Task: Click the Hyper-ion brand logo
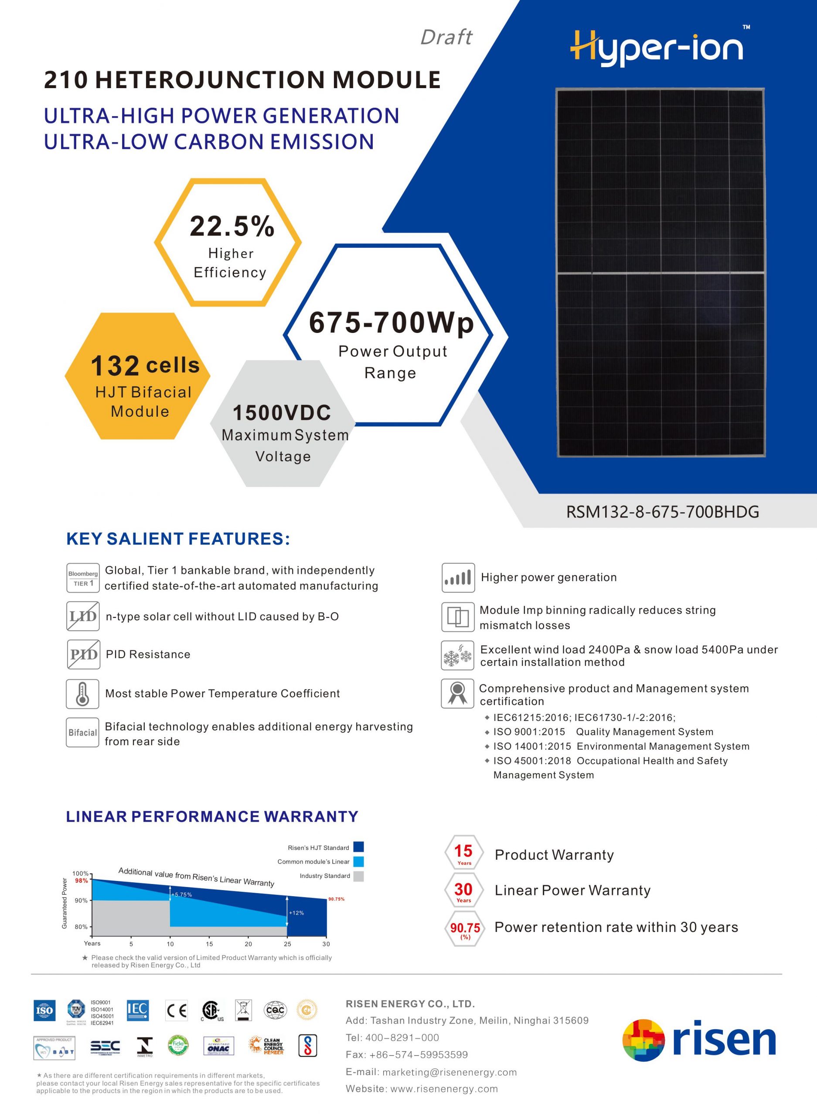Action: tap(657, 48)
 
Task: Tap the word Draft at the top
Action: tap(446, 38)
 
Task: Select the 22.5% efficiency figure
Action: tap(231, 226)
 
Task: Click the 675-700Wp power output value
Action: tap(391, 323)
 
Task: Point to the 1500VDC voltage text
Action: tap(281, 413)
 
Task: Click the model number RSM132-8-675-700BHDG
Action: tap(662, 512)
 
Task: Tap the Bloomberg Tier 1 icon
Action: tap(82, 578)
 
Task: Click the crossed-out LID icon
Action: tap(82, 616)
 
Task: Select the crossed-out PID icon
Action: tap(82, 654)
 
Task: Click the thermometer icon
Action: tap(82, 693)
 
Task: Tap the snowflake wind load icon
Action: tap(457, 656)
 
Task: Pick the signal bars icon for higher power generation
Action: tap(457, 578)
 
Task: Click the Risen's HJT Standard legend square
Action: tap(358, 847)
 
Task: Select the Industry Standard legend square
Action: tap(358, 876)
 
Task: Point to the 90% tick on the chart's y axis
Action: tap(81, 900)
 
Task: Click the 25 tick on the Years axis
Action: tap(287, 944)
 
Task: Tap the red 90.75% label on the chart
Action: tap(336, 899)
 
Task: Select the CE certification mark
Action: tap(177, 1010)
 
